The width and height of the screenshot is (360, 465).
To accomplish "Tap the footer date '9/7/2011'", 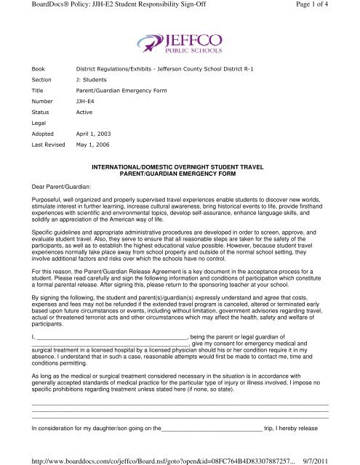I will pyautogui.click(x=338, y=457).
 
